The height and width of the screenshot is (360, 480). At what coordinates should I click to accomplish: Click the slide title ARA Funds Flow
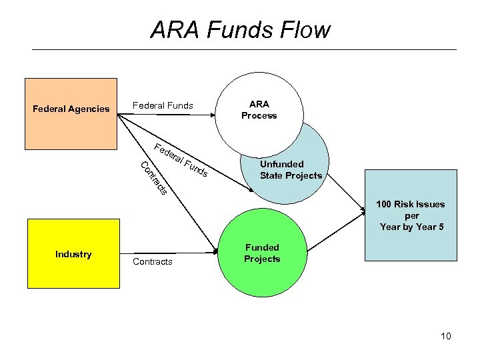click(x=240, y=30)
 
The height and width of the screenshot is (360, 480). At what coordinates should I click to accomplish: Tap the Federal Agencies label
click(x=71, y=109)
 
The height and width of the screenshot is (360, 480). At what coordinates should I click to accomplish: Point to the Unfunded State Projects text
click(x=291, y=170)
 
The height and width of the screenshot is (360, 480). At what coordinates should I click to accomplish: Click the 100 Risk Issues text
click(x=410, y=204)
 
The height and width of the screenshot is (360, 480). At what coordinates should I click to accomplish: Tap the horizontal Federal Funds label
click(x=163, y=105)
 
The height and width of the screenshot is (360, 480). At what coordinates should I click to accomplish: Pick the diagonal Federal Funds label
click(x=181, y=161)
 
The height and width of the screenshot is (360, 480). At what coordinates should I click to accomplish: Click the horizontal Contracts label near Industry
click(x=153, y=261)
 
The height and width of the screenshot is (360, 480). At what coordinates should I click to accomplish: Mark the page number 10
click(x=445, y=336)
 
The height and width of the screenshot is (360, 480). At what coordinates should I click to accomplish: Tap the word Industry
click(x=73, y=254)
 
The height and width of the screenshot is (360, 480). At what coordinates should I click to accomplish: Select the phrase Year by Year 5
click(x=411, y=227)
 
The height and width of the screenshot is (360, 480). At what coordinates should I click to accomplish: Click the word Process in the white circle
click(x=259, y=115)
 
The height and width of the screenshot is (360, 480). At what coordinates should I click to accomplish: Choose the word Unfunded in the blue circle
click(x=282, y=164)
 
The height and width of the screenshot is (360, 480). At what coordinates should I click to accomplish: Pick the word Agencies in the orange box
click(x=90, y=109)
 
